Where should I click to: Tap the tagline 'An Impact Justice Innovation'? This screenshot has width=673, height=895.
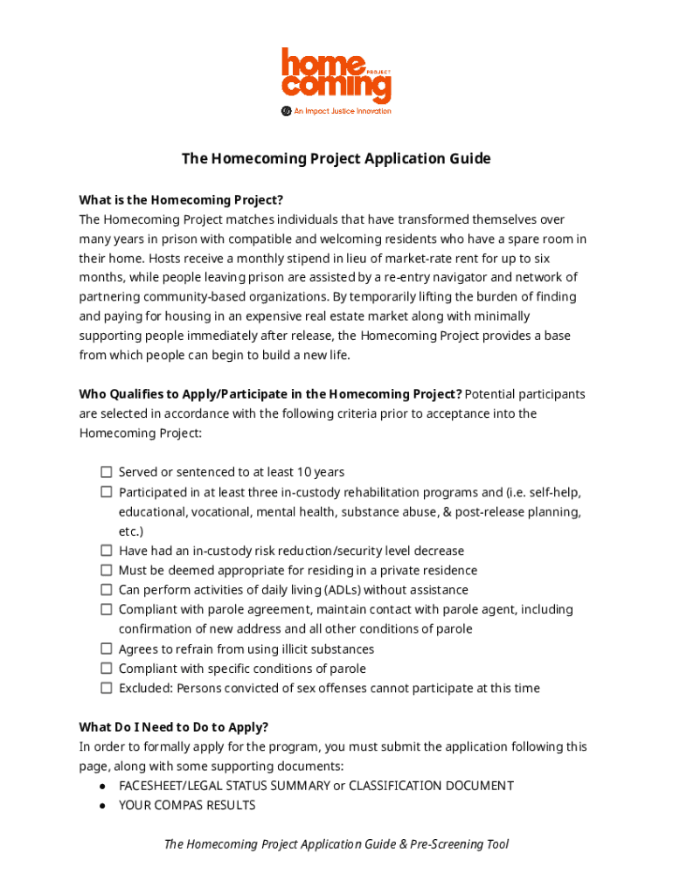(342, 111)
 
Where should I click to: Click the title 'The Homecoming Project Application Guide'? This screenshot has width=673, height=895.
(336, 158)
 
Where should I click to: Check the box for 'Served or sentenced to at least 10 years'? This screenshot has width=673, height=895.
(106, 472)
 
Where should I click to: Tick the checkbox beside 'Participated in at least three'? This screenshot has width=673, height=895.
(106, 492)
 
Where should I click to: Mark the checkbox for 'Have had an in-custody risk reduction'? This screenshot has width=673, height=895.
(106, 551)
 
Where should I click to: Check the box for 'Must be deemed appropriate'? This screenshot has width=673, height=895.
(106, 570)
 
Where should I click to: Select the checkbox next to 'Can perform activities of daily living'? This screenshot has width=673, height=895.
(106, 590)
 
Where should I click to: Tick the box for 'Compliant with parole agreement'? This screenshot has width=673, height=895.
(106, 609)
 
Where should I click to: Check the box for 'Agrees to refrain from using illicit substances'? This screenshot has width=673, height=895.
(106, 649)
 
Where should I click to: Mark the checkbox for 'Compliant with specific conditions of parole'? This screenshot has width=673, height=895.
(106, 669)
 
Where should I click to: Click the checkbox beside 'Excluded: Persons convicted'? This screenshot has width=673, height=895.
(106, 688)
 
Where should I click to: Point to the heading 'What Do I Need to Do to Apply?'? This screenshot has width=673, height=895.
(174, 727)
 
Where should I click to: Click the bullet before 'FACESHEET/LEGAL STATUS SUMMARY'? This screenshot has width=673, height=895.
(103, 786)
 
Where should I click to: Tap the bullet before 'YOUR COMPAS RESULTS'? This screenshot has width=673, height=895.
(103, 805)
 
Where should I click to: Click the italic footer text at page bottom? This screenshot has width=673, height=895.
(336, 844)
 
